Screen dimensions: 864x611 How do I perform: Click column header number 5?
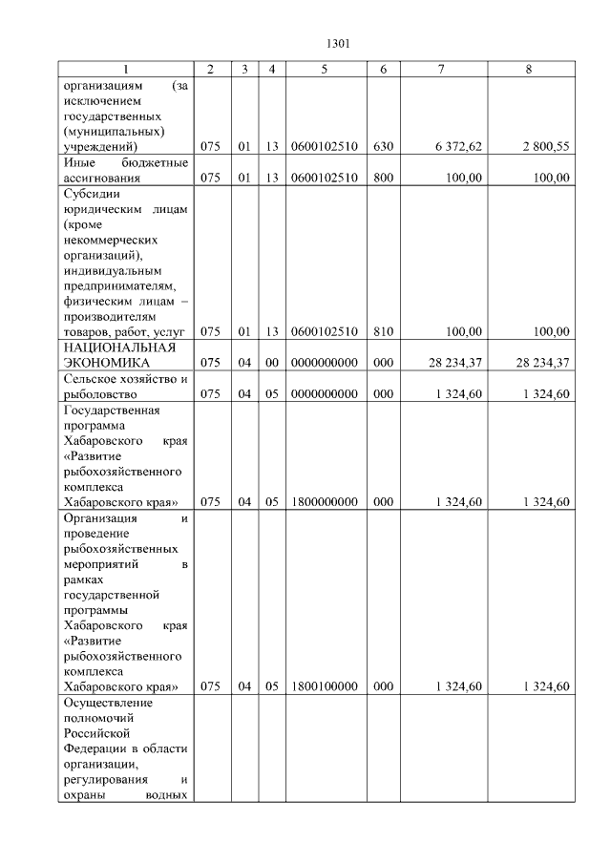point(325,69)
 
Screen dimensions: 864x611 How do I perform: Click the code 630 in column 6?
point(384,147)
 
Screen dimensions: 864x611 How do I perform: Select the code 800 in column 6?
point(384,178)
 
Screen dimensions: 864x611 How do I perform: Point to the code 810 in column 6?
point(384,331)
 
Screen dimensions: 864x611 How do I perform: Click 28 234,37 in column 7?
point(454,363)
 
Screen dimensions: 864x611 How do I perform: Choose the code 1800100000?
point(325,686)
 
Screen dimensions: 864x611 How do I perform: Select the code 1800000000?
point(325,502)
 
